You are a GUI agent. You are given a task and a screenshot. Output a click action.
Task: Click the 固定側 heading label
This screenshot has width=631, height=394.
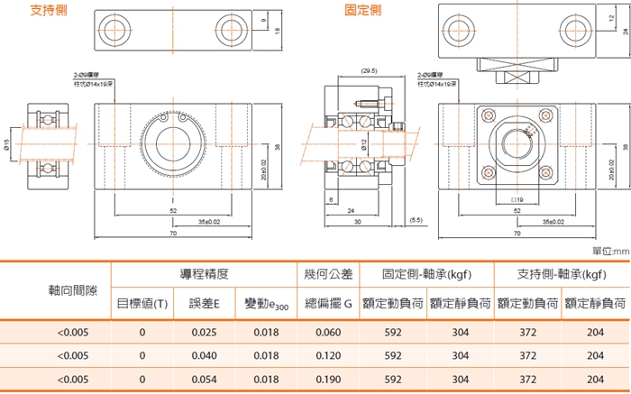tap(362, 11)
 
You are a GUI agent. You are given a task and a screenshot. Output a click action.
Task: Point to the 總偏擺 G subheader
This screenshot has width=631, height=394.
tap(328, 305)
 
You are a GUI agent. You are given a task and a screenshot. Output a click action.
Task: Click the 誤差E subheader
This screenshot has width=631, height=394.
tap(204, 305)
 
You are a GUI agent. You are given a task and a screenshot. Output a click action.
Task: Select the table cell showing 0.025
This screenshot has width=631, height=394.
tap(204, 332)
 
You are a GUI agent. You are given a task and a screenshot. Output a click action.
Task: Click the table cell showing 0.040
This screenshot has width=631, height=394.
tap(204, 356)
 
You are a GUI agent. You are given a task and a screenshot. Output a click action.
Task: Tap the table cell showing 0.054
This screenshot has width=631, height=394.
tap(204, 380)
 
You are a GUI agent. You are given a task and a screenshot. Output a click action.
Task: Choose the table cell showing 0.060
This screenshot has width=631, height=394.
tap(328, 332)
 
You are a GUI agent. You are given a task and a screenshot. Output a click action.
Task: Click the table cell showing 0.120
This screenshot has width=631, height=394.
tap(328, 356)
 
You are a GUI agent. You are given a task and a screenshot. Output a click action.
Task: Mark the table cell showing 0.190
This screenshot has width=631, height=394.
tap(328, 380)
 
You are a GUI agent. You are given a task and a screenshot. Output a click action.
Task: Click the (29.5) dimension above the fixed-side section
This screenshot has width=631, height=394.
tap(368, 70)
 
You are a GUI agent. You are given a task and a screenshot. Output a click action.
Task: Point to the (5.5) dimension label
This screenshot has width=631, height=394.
tap(416, 219)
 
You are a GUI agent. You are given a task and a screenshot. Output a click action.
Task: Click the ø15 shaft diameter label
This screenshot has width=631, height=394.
tap(7, 146)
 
